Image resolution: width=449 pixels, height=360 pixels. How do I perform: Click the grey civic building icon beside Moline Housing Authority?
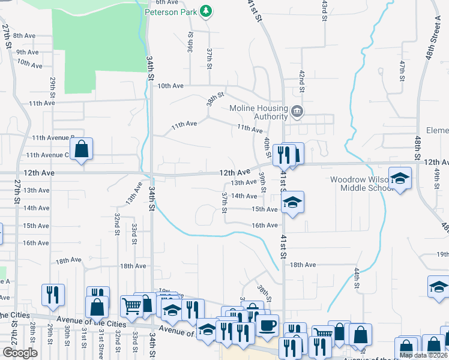click(x=297, y=112)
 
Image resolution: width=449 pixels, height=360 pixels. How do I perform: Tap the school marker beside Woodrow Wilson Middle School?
click(x=400, y=178)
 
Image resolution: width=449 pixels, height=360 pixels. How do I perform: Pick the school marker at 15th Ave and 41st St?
click(x=292, y=202)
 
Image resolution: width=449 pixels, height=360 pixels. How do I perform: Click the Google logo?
click(x=20, y=353)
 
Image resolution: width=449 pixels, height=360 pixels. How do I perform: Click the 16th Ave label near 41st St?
click(x=265, y=225)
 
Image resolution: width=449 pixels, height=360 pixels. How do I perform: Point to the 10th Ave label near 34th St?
click(x=170, y=86)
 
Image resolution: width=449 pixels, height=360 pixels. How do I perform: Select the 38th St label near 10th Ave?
click(x=215, y=98)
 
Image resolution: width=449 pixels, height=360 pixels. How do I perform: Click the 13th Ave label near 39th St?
click(x=244, y=182)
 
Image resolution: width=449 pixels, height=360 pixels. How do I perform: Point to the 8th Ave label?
click(x=25, y=36)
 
